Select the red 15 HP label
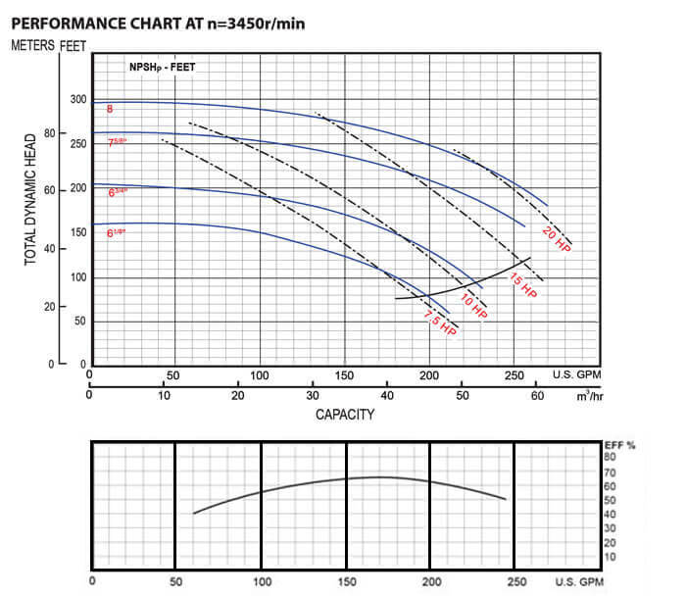click(x=522, y=285)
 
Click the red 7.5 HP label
click(x=440, y=323)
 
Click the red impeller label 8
click(x=110, y=109)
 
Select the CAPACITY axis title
click(x=344, y=415)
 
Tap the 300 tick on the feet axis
click(x=78, y=100)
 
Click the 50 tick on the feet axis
click(x=78, y=322)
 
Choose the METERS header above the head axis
click(x=31, y=45)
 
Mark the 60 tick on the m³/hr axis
click(x=537, y=396)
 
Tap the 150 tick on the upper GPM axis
click(x=344, y=375)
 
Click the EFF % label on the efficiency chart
click(x=619, y=445)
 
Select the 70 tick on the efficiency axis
click(x=610, y=472)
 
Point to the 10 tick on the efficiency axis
click(x=610, y=557)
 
